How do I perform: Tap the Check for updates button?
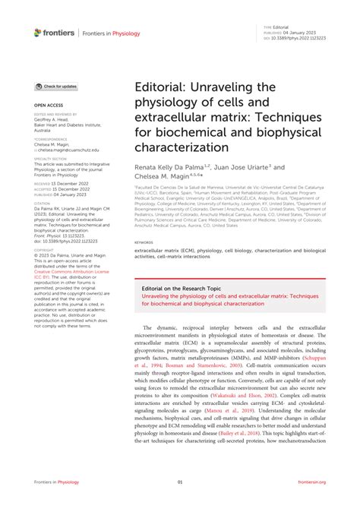(x=55, y=87)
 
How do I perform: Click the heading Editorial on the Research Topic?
(x=179, y=289)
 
